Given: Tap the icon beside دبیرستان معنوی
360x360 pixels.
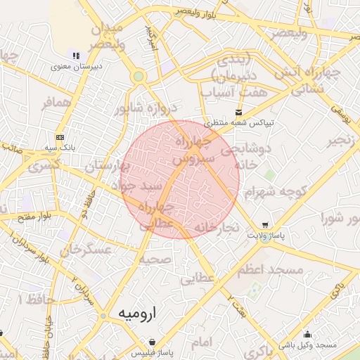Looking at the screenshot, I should point(76,56).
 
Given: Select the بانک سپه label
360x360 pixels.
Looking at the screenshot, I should point(60,148).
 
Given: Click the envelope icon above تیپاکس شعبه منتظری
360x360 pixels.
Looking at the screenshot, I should point(240,112).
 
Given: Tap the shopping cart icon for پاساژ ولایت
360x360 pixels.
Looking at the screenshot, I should point(264,225).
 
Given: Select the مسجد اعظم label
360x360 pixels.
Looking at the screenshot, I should point(275,270).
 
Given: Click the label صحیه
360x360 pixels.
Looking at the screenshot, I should point(154,259).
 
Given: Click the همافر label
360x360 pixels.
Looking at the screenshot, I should point(57,103).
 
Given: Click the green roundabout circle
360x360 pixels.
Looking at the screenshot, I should point(139,76).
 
